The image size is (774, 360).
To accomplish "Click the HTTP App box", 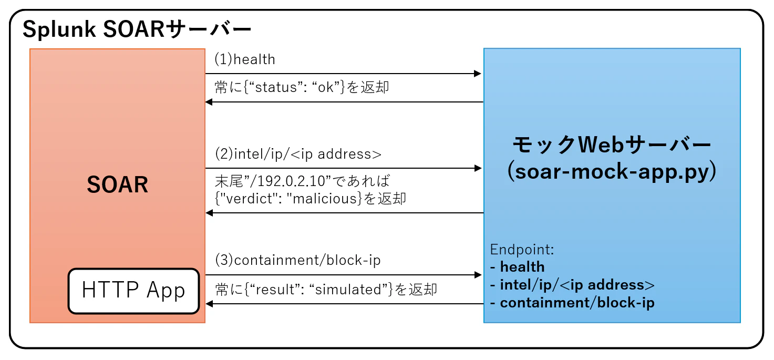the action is tap(133, 291).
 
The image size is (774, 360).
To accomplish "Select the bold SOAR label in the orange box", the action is tap(118, 184).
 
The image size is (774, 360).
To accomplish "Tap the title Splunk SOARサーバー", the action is tap(137, 29).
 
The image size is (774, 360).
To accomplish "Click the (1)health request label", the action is tap(245, 59).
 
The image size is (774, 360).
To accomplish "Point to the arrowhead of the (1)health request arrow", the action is tap(478, 74).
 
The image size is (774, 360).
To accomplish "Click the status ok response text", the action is tap(302, 87).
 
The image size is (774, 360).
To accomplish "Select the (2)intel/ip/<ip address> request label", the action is tap(298, 154).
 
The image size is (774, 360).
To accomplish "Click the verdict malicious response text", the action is tap(311, 199).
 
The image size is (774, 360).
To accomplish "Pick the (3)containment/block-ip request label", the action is tap(297, 260).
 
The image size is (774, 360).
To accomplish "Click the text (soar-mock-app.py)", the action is tap(612, 171).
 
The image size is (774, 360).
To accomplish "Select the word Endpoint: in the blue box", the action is tap(522, 250).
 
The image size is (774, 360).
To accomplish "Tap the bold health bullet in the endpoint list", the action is tap(517, 267).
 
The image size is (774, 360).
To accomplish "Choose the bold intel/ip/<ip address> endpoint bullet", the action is tap(572, 285).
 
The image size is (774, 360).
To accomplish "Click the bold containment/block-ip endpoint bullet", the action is tap(572, 303).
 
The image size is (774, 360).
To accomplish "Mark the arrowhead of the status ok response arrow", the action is tap(209, 102).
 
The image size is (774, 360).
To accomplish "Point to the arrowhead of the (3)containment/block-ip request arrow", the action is tap(478, 275).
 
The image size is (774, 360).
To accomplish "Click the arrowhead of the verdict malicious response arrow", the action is tap(209, 213).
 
